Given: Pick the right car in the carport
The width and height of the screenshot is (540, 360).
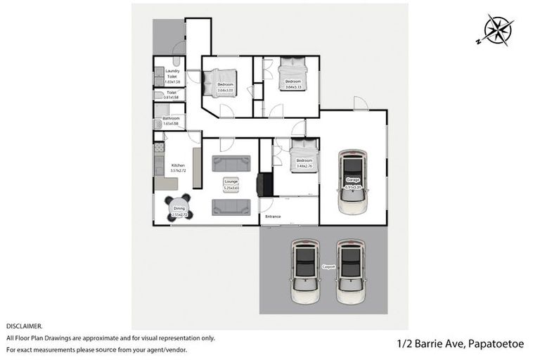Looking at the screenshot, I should coord(351,271).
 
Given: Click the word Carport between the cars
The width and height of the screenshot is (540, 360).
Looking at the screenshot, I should coord(328,267).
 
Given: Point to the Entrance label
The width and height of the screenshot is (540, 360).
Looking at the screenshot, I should coord(272,217).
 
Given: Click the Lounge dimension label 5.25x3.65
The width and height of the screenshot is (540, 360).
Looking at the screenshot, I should coord(231,188).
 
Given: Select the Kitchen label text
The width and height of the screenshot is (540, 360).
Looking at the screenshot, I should coord(177,165).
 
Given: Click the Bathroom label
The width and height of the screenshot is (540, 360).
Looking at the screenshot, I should coord(171,118).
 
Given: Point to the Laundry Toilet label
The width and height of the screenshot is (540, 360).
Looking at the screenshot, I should coord(172,74).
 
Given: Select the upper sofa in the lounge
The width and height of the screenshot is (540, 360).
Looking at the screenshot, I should coord(231,165).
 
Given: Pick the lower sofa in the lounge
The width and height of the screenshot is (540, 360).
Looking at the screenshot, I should coord(231,206).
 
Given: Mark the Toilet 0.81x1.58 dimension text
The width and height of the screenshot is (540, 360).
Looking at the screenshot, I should coord(171,98).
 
